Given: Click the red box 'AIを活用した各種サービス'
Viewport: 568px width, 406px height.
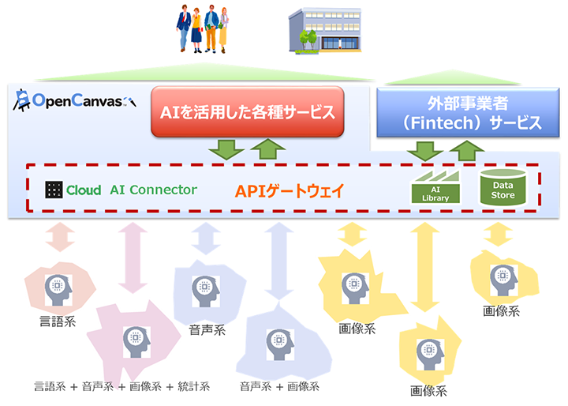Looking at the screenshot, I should point(248,112).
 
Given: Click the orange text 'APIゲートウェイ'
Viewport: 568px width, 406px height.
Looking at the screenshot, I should point(291,190).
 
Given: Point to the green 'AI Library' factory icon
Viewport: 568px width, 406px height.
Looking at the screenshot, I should point(435,187).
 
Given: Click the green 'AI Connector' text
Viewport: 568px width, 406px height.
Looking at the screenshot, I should point(153,190).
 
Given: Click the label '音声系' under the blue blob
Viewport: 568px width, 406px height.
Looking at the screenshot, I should point(207,329).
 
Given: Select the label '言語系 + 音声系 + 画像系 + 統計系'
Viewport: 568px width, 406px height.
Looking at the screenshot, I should point(122,386).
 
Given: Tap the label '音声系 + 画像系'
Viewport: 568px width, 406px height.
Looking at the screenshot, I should point(280,386).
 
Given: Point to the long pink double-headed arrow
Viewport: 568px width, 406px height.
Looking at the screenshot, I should point(129,258).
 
